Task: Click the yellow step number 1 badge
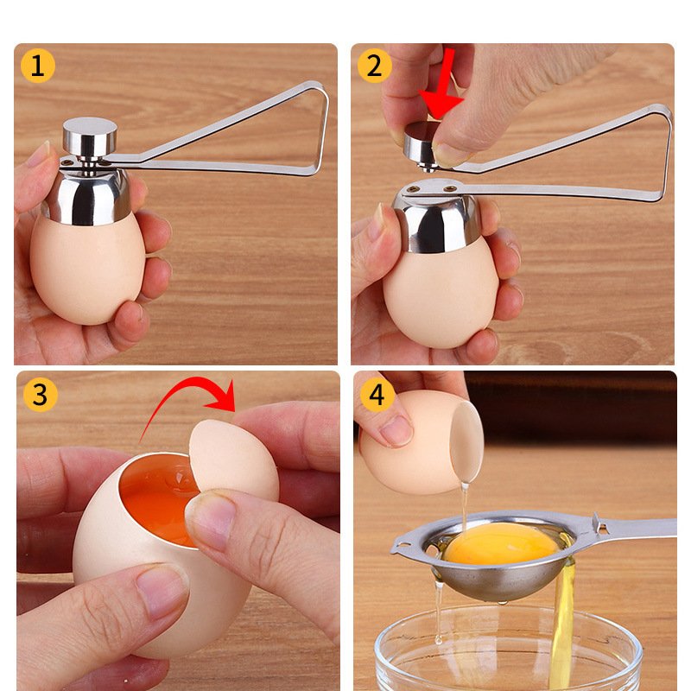[x=38, y=67]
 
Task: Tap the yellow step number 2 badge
[x=375, y=67]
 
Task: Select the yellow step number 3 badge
[x=40, y=395]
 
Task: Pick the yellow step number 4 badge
[x=377, y=395]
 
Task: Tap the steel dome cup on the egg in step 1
[x=87, y=193]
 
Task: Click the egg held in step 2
[x=441, y=293]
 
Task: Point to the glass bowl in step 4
[x=507, y=648]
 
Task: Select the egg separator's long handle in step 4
[x=635, y=529]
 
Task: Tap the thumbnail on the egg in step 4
[x=396, y=430]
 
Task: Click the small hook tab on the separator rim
[x=399, y=548]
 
